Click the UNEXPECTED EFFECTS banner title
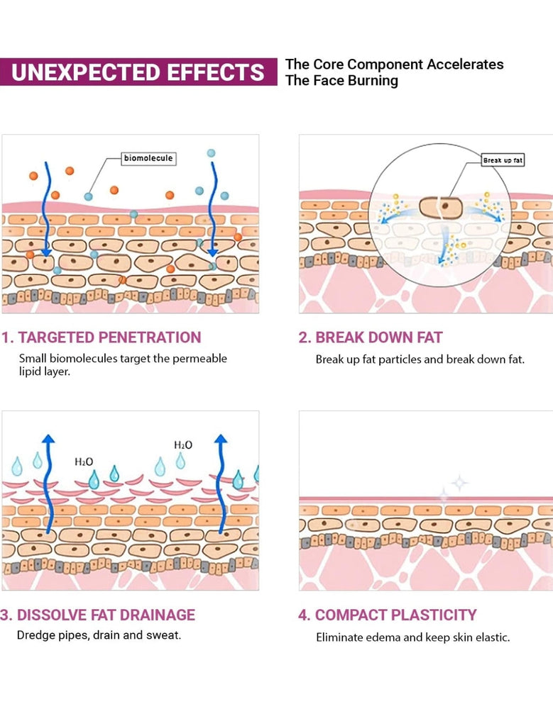(138, 72)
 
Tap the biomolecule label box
(148, 159)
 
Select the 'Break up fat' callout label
(503, 161)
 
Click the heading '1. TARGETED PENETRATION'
(102, 337)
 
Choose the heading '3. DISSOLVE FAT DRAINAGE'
(99, 615)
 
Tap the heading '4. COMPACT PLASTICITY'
(387, 615)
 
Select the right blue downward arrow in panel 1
(212, 213)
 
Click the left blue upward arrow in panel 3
(48, 482)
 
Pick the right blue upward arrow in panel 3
(221, 482)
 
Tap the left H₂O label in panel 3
(84, 462)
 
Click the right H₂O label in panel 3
(183, 445)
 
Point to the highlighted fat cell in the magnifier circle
(439, 208)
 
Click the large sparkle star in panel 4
(459, 483)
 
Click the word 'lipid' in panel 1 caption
(31, 372)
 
